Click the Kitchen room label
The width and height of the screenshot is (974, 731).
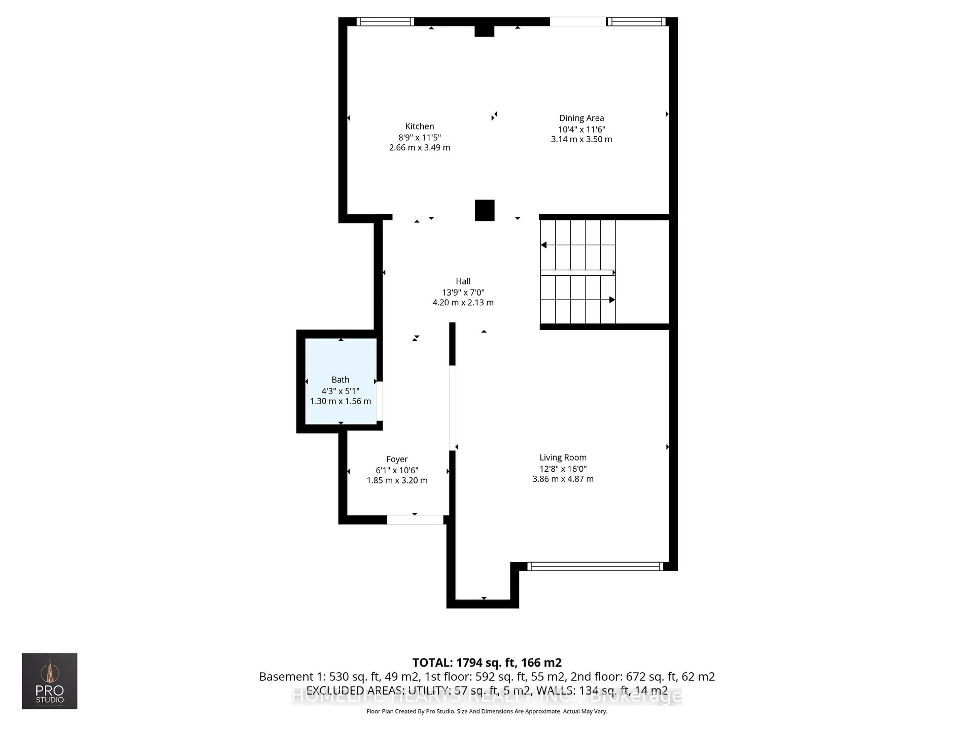point(419,126)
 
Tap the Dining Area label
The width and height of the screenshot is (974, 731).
point(581,118)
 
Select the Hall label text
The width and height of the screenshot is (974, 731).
point(463,281)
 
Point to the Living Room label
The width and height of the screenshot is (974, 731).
point(563,457)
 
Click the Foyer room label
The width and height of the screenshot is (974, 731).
point(397,459)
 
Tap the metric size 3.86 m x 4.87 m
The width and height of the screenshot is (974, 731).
point(563,479)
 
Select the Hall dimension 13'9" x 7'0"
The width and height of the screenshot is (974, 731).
point(463,292)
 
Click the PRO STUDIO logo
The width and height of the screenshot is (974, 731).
point(50,681)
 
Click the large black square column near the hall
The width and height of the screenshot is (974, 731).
point(484,210)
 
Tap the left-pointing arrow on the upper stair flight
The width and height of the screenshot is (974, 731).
point(544,245)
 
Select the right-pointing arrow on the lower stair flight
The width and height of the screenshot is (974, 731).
point(612,300)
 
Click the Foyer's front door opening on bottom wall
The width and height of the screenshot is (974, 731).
point(415,520)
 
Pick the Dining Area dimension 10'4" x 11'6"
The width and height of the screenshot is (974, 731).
point(581,129)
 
